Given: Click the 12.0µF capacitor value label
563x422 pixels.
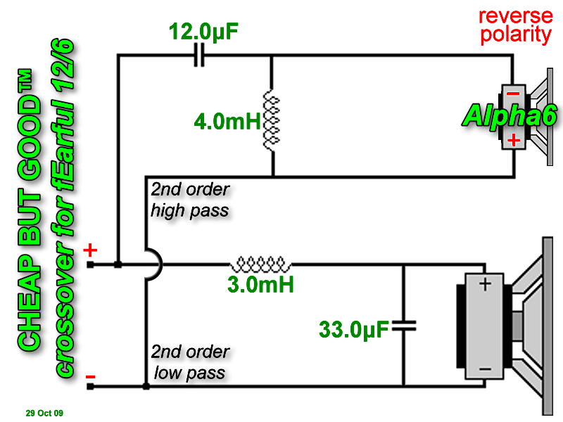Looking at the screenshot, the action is [x=203, y=31].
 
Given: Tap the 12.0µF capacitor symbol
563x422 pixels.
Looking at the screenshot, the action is [x=199, y=56].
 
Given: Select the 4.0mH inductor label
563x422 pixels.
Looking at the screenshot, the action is [x=227, y=121].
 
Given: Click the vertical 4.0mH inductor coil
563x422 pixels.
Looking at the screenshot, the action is [x=272, y=120].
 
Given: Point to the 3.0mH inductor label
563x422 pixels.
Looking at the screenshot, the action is [x=260, y=285].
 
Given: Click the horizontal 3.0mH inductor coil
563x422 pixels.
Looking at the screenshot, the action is [x=260, y=264].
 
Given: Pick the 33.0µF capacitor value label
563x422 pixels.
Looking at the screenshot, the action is [x=354, y=329].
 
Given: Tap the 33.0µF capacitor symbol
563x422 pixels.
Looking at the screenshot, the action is [x=404, y=326].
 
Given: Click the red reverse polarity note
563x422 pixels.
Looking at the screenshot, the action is [x=516, y=26].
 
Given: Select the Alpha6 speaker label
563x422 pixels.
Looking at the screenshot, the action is [x=510, y=115].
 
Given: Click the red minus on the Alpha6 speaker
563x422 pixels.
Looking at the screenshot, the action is [x=513, y=94].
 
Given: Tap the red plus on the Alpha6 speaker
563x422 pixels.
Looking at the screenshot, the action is [x=514, y=139].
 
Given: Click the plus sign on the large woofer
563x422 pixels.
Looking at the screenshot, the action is [x=485, y=285].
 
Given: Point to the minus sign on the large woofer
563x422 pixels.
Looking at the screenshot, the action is [x=485, y=369].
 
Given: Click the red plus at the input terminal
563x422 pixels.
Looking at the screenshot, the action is [x=91, y=250].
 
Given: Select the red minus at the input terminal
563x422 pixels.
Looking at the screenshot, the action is [x=91, y=377].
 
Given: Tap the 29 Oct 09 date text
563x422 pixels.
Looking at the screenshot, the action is [x=44, y=413].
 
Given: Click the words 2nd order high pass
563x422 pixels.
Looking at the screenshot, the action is [x=190, y=200].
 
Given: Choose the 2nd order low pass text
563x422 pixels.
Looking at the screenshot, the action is [x=190, y=362].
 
